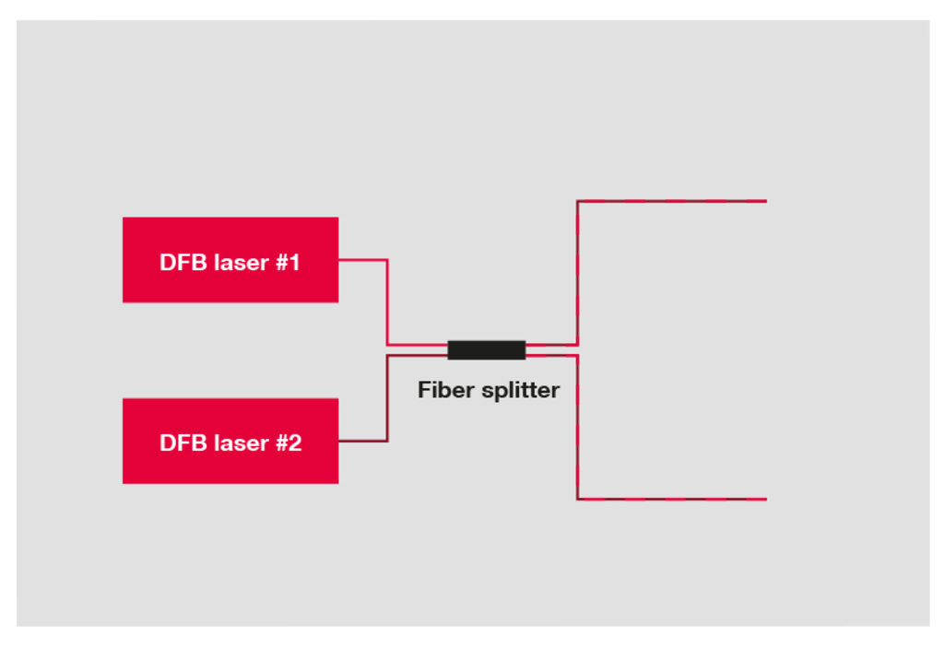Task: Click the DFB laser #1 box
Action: click(x=230, y=259)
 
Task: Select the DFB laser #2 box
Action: click(x=230, y=441)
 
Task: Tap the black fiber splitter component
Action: click(x=487, y=349)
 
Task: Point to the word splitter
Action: click(x=521, y=391)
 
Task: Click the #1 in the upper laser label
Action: click(x=288, y=263)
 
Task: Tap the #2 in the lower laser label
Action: click(x=289, y=443)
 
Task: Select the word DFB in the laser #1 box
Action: click(x=183, y=263)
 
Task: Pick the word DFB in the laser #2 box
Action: click(x=183, y=443)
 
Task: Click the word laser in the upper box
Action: click(x=242, y=263)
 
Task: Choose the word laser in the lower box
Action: click(x=242, y=443)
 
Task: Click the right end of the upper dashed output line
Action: click(x=766, y=201)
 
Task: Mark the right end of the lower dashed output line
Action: click(x=766, y=499)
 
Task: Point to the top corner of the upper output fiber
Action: click(x=577, y=201)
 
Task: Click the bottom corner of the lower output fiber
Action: click(x=577, y=499)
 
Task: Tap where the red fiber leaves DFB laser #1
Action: click(x=339, y=260)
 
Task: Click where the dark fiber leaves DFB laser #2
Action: click(x=339, y=442)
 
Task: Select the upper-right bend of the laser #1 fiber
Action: click(x=387, y=260)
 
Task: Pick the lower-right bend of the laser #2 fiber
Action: click(x=387, y=442)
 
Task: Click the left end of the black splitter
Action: click(x=449, y=349)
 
